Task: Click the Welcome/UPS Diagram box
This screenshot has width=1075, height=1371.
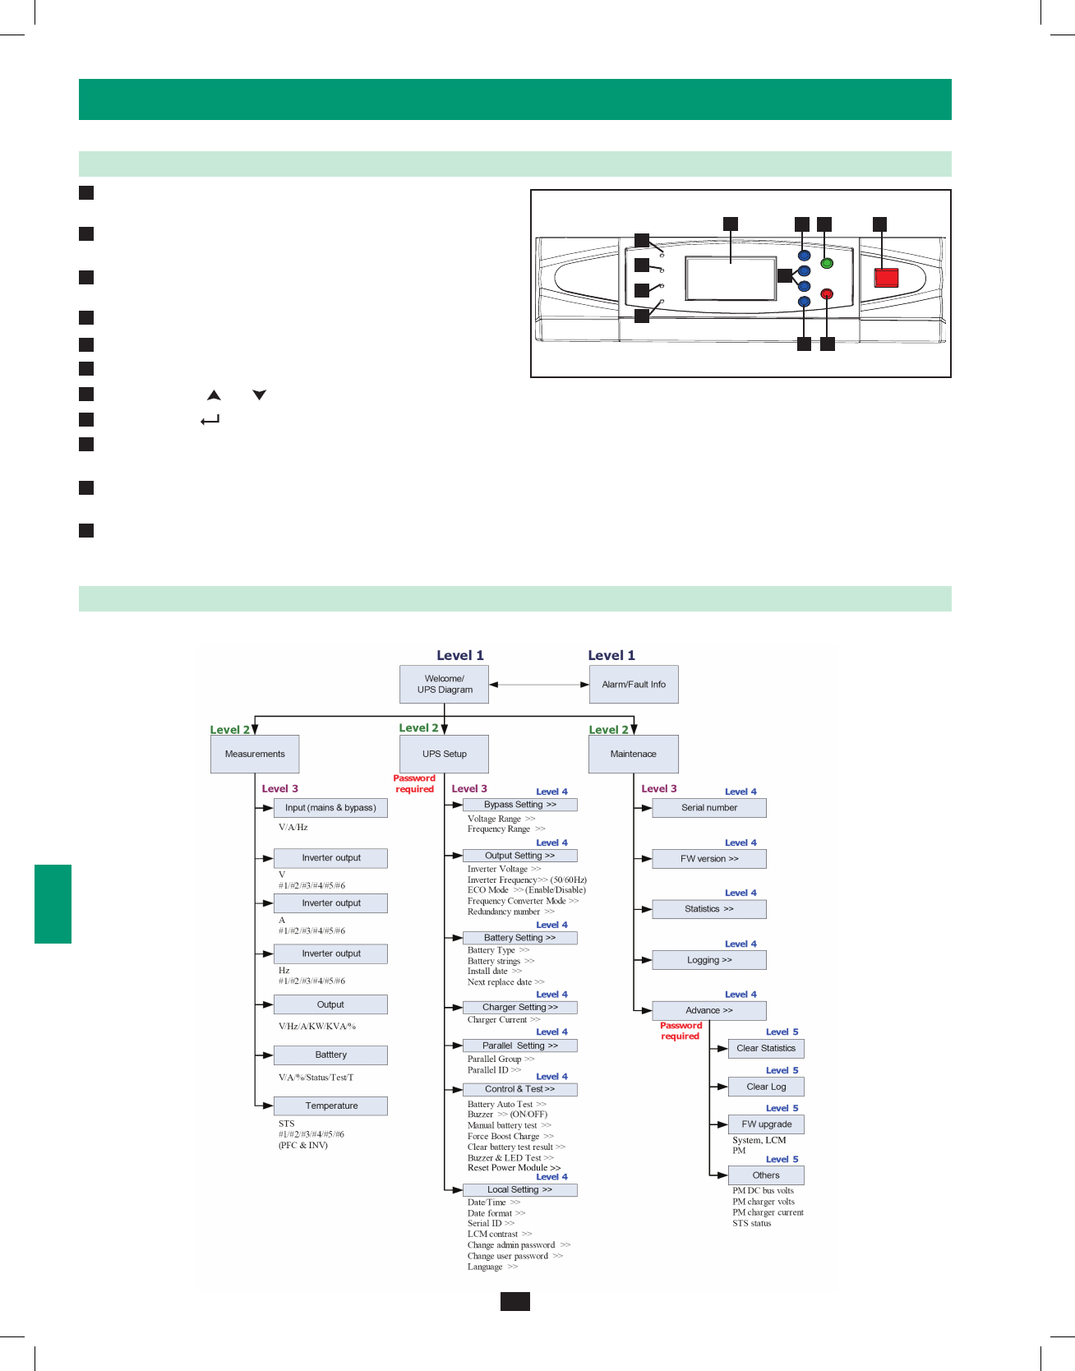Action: (x=444, y=684)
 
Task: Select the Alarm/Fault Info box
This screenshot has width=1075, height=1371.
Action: (x=634, y=684)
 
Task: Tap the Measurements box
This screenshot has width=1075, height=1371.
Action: (x=255, y=754)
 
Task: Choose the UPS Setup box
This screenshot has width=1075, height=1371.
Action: (x=444, y=754)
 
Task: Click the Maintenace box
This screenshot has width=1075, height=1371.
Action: (x=633, y=754)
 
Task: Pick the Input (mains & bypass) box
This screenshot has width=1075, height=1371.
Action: (x=330, y=808)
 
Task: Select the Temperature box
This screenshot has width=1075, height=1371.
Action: (x=330, y=1106)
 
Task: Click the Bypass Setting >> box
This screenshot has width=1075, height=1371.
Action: (x=519, y=805)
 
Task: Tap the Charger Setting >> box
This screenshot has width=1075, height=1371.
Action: (x=519, y=1007)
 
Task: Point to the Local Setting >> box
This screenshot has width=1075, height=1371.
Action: (x=519, y=1189)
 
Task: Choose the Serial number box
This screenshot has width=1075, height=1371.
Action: (x=708, y=808)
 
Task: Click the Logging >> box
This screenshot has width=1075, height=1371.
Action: (x=708, y=960)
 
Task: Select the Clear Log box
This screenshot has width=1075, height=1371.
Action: (x=766, y=1087)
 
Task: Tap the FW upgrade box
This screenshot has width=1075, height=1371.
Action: (x=766, y=1124)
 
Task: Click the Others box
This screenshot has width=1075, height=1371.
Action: (x=766, y=1175)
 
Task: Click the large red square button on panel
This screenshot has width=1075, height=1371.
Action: (x=886, y=277)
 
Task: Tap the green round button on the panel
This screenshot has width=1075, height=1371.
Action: (x=827, y=263)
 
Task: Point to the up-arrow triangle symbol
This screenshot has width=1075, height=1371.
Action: (x=214, y=395)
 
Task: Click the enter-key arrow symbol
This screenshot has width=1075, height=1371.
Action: (x=210, y=420)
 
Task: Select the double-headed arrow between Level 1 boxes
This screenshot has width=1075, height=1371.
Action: (x=538, y=684)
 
